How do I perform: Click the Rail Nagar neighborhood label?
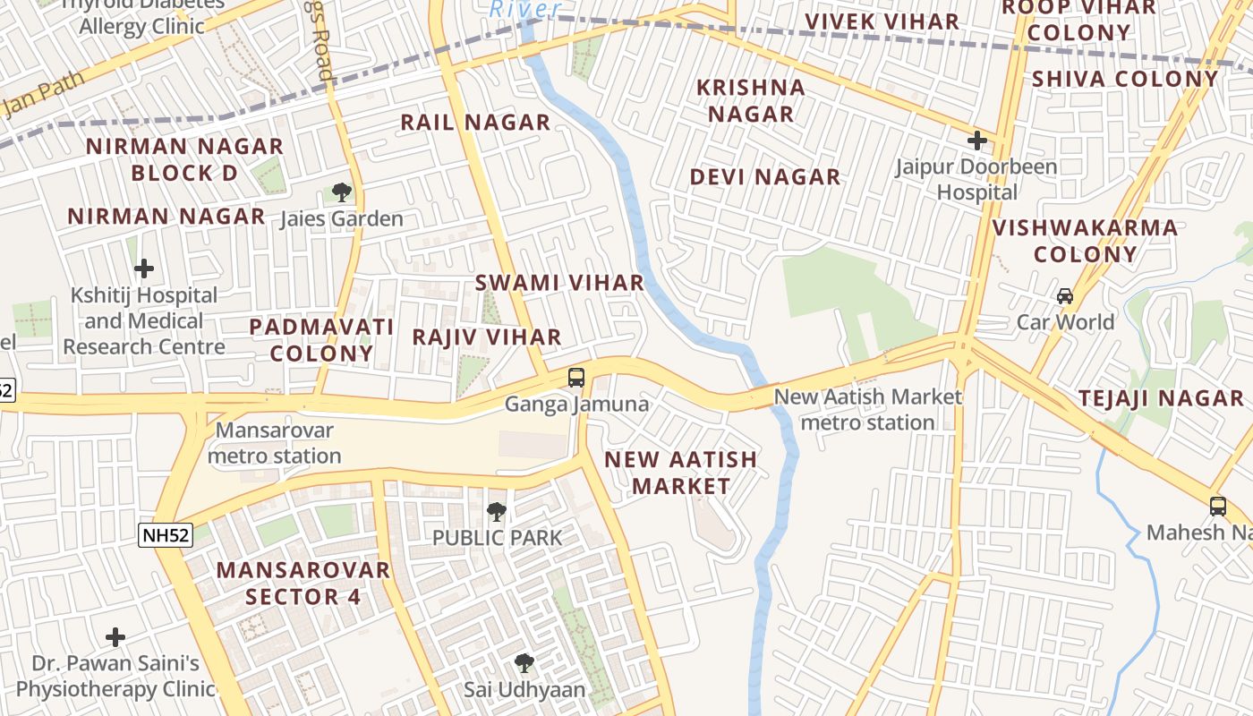pos(474,123)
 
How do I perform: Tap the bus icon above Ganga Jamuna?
pos(576,377)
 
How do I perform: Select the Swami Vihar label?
pos(559,283)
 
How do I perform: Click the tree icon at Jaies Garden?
pos(341,192)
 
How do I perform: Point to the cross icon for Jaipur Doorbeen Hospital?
pos(977,141)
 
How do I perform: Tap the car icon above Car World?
pos(1065,295)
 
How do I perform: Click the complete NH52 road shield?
pos(166,535)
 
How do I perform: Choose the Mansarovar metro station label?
pos(274,443)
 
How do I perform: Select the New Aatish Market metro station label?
pos(867,409)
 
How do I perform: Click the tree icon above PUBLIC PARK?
pos(497,512)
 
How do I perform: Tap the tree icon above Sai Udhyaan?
pos(524,663)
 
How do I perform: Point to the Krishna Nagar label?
pos(751,100)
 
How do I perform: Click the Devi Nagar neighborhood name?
pos(764,177)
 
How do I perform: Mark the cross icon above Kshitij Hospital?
pos(143,268)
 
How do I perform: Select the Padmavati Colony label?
pos(321,340)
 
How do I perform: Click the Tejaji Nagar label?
pos(1161,399)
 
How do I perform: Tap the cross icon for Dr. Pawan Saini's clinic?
pos(115,637)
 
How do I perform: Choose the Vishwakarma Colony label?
pos(1085,241)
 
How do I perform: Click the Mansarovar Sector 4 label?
pos(303,583)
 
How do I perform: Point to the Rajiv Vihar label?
pos(487,337)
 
